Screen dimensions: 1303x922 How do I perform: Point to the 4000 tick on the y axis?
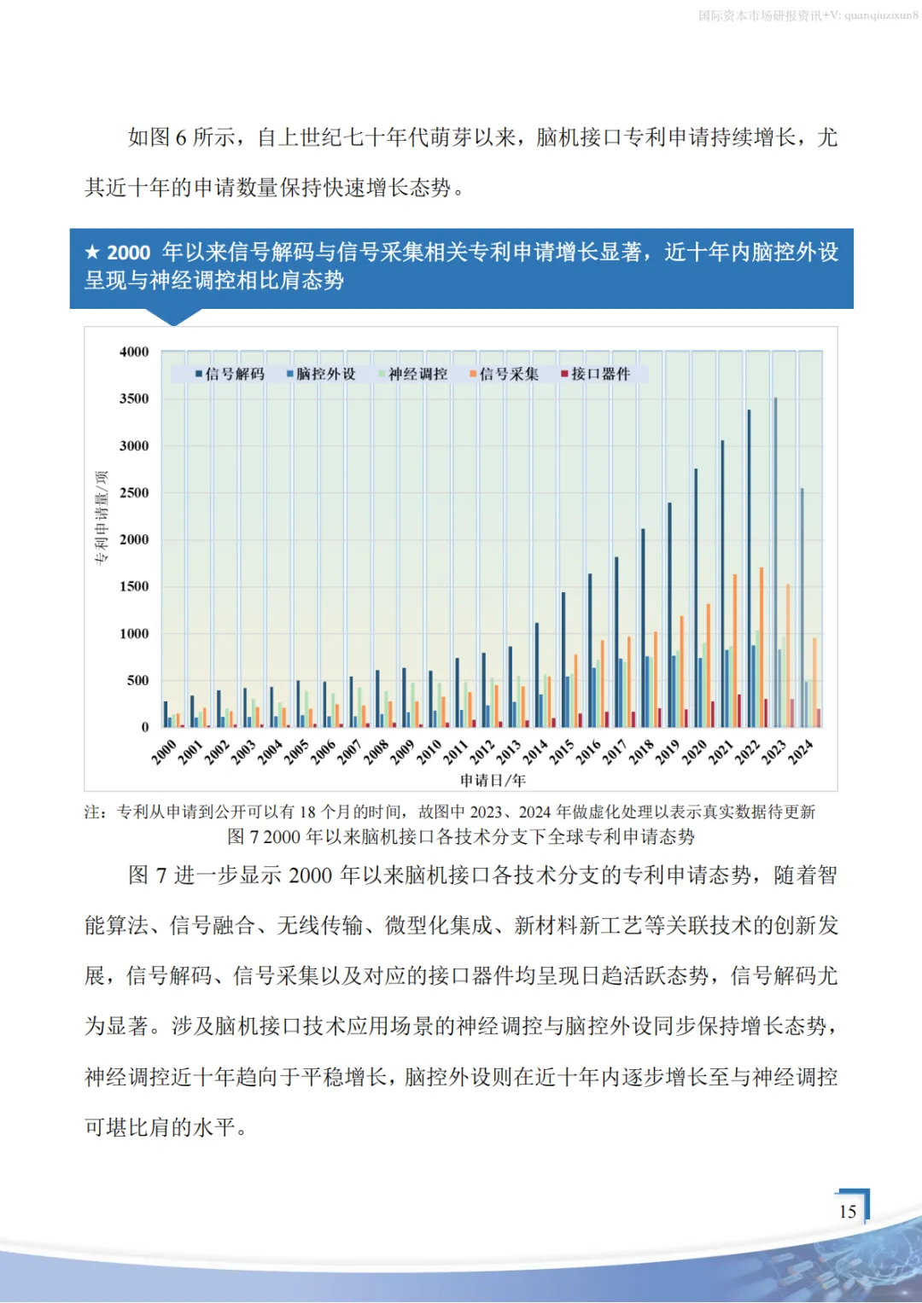[x=134, y=352]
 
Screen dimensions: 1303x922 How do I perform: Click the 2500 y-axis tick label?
[x=134, y=492]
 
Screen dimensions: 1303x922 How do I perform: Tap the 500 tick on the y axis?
[x=137, y=680]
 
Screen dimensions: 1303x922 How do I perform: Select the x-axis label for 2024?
[x=800, y=752]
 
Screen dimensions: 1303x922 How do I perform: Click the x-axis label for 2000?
[x=164, y=752]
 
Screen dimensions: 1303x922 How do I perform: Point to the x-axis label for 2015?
[x=562, y=752]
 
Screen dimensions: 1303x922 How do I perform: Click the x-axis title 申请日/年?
[x=493, y=780]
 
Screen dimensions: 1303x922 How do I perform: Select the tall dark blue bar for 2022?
[x=749, y=567]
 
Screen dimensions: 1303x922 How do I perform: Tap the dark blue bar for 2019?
[x=669, y=614]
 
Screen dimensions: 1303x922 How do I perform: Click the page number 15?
[x=848, y=1211]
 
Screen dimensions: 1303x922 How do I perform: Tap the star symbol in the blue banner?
[x=92, y=252]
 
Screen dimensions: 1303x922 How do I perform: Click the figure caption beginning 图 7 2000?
[x=461, y=836]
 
